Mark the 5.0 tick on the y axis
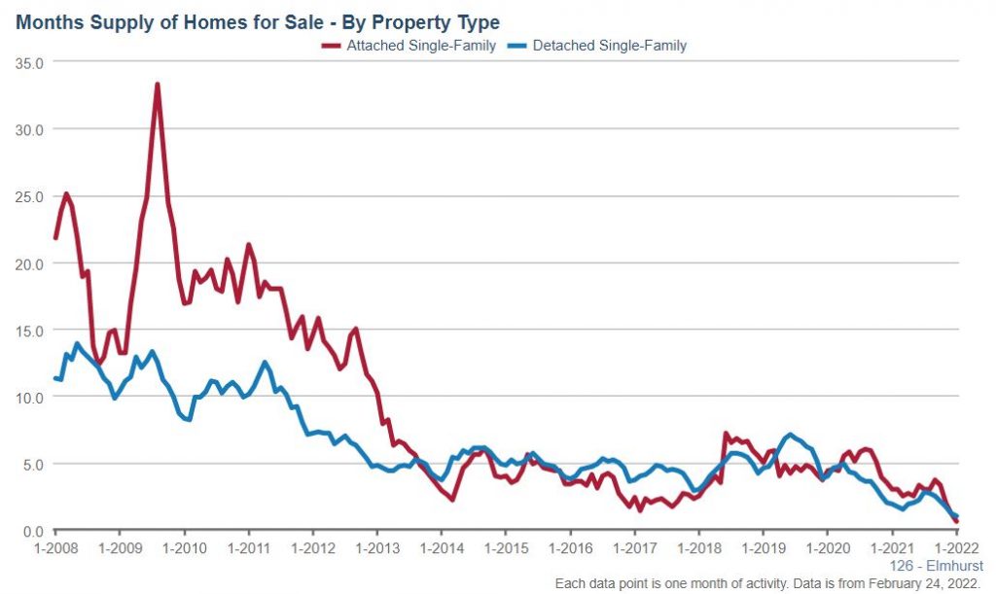pyautogui.click(x=36, y=465)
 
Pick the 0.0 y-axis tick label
pyautogui.click(x=36, y=531)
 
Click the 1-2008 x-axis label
pyautogui.click(x=55, y=548)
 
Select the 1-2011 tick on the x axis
pyautogui.click(x=248, y=548)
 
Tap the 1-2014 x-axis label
pyautogui.click(x=441, y=548)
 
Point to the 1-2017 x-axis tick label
pyautogui.click(x=633, y=548)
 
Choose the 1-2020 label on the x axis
pyautogui.click(x=826, y=548)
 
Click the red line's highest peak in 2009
pyautogui.click(x=157, y=85)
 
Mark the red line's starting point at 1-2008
pyautogui.click(x=55, y=238)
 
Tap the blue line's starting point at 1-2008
pyautogui.click(x=55, y=378)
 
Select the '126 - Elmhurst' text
pyautogui.click(x=936, y=566)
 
